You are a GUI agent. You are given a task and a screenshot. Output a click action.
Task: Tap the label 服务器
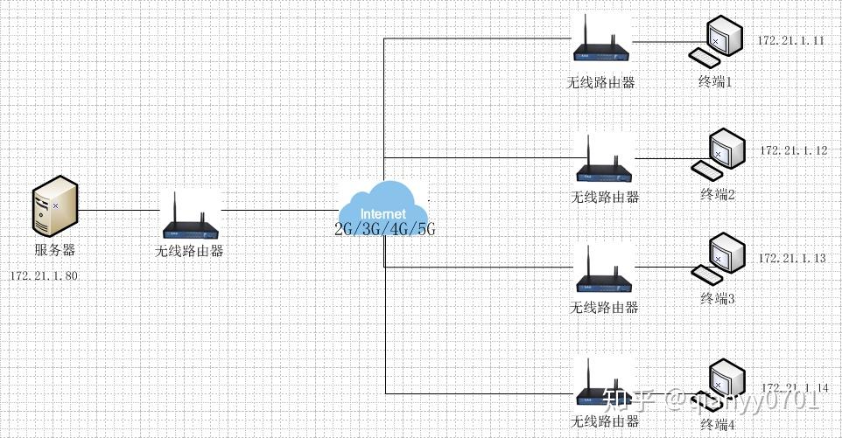55,251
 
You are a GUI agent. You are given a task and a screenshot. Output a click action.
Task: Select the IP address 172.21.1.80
44,276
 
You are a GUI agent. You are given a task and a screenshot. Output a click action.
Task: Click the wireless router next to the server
191,217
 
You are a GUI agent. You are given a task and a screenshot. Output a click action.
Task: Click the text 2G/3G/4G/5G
384,230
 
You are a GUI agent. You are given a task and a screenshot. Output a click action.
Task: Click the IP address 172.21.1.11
791,41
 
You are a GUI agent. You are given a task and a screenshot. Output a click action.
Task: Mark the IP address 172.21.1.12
794,150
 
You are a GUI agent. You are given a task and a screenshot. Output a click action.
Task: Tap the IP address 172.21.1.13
792,259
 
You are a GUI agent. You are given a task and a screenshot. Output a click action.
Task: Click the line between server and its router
120,210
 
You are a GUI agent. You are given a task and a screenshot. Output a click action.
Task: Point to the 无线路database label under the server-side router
189,251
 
